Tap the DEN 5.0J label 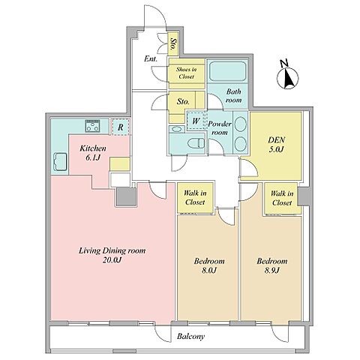277,145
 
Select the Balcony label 190,337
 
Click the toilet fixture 196,143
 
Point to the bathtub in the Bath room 227,71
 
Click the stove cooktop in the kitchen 92,126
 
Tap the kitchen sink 60,162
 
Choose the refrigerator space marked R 121,127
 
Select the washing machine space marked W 196,121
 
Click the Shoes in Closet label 186,73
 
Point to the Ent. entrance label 151,59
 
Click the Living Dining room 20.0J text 112,255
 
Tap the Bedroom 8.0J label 209,265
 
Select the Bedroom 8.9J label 272,265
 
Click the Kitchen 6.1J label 93,153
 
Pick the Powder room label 220,128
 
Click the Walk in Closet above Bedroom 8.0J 195,197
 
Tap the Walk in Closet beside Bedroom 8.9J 282,198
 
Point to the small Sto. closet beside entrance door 172,43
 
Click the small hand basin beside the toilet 177,129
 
